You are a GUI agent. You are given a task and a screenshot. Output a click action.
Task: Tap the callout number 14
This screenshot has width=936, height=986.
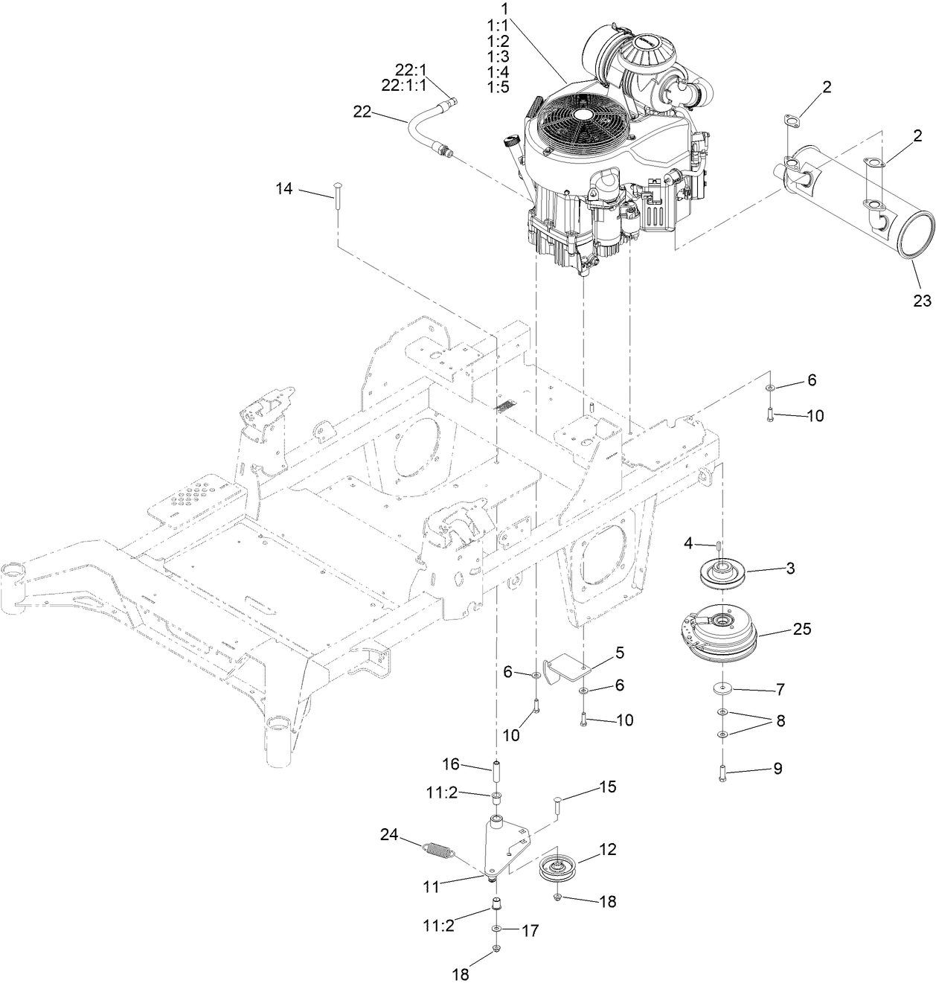click(284, 189)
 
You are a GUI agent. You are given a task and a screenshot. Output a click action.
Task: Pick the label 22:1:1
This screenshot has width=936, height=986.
click(403, 86)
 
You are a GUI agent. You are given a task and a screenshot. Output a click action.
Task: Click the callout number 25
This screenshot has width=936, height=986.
click(801, 630)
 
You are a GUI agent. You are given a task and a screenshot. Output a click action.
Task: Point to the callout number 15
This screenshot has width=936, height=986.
click(607, 787)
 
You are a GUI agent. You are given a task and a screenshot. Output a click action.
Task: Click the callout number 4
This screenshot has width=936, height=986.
click(689, 544)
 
